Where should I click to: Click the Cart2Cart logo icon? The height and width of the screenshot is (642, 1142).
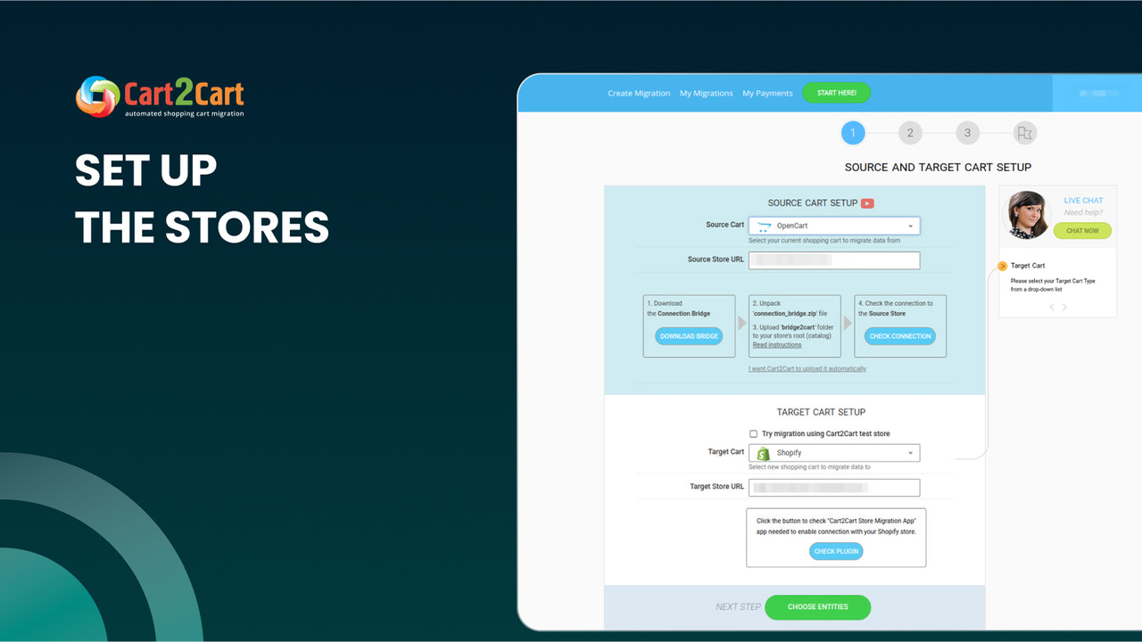97,96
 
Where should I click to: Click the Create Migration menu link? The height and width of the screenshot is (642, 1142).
639,94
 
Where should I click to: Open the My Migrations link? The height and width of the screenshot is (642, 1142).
706,94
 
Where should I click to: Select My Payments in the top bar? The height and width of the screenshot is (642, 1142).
767,94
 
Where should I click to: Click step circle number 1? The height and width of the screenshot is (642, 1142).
852,134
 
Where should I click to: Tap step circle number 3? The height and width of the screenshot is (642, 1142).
967,134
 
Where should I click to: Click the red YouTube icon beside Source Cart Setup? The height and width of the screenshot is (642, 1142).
867,203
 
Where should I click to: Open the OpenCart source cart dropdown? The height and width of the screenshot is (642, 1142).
833,226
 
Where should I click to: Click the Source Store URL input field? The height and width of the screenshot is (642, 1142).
833,260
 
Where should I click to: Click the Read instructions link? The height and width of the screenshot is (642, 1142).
776,345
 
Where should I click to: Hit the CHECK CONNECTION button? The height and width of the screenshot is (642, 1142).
899,336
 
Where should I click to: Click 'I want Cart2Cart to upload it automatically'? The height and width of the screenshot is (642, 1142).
807,369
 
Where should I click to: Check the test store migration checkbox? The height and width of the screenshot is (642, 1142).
753,434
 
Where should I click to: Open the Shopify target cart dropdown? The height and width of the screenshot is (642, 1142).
833,453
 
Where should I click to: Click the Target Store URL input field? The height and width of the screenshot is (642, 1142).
833,488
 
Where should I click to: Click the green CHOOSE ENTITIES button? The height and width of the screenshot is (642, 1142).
817,607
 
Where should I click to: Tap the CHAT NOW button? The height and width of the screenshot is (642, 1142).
1082,231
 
